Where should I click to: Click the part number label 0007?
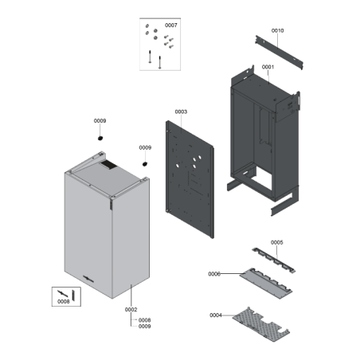(171, 25)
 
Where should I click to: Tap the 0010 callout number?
(277, 31)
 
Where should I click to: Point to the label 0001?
(268, 67)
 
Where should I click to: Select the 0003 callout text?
(181, 112)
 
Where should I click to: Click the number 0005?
(276, 242)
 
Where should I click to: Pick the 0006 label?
(214, 274)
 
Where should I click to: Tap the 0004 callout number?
(216, 315)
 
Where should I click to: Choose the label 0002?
(131, 310)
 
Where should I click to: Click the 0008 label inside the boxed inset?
(64, 302)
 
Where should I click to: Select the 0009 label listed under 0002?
(145, 327)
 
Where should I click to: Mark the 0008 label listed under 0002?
(145, 320)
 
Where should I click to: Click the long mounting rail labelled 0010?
(279, 53)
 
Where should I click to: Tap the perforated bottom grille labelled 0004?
(260, 324)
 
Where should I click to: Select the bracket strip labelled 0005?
(273, 260)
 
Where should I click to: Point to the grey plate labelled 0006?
(266, 283)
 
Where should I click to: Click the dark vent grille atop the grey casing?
(108, 165)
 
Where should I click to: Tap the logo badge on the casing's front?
(88, 279)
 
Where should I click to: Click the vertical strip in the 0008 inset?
(73, 295)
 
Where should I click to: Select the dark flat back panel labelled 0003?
(190, 179)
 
